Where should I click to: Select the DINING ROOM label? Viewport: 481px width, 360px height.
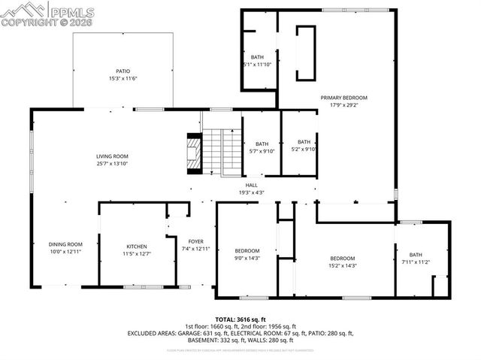tap(65, 244)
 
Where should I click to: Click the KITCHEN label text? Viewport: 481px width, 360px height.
tap(136, 247)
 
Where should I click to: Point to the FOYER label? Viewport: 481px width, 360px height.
tap(195, 241)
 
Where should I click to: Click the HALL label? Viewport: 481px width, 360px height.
tap(251, 184)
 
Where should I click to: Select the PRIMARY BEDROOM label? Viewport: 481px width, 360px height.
tap(344, 98)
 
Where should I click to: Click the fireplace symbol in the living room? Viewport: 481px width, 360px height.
tap(194, 155)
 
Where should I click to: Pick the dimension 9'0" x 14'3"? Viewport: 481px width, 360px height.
tap(247, 258)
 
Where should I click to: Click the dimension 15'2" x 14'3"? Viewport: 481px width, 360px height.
tap(343, 265)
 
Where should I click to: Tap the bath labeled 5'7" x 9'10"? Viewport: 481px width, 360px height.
tap(262, 148)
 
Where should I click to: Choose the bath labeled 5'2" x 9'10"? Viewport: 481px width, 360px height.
tap(304, 146)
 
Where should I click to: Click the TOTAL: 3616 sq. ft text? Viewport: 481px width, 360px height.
tap(240, 319)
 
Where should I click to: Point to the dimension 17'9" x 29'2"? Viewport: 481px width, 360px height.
tap(344, 105)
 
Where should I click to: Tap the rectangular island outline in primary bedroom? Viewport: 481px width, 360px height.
tap(305, 53)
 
